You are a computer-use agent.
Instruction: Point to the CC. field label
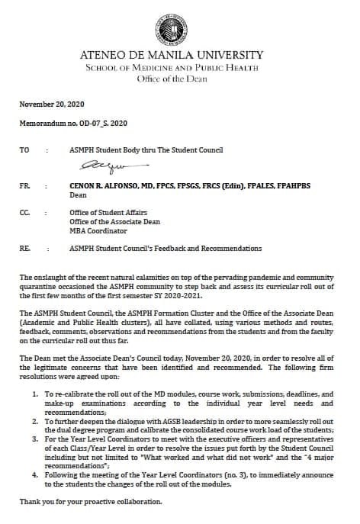[24, 216]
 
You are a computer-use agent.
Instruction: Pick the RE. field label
[24, 248]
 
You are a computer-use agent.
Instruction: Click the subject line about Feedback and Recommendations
[165, 248]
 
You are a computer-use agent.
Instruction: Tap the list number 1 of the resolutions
[37, 393]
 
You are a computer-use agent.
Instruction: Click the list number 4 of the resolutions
[37, 474]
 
